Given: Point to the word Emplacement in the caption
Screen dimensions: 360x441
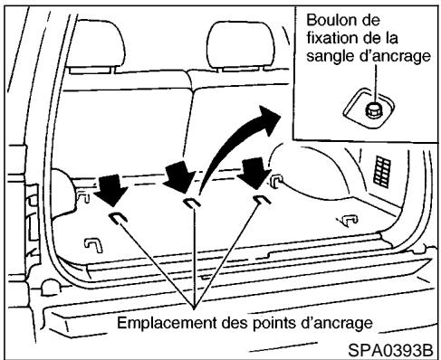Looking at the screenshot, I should [x=173, y=321].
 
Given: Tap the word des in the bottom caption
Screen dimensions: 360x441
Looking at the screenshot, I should [x=240, y=321].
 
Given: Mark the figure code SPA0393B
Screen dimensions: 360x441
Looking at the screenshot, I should [x=391, y=348].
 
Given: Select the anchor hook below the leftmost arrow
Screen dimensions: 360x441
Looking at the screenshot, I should [x=118, y=217].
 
